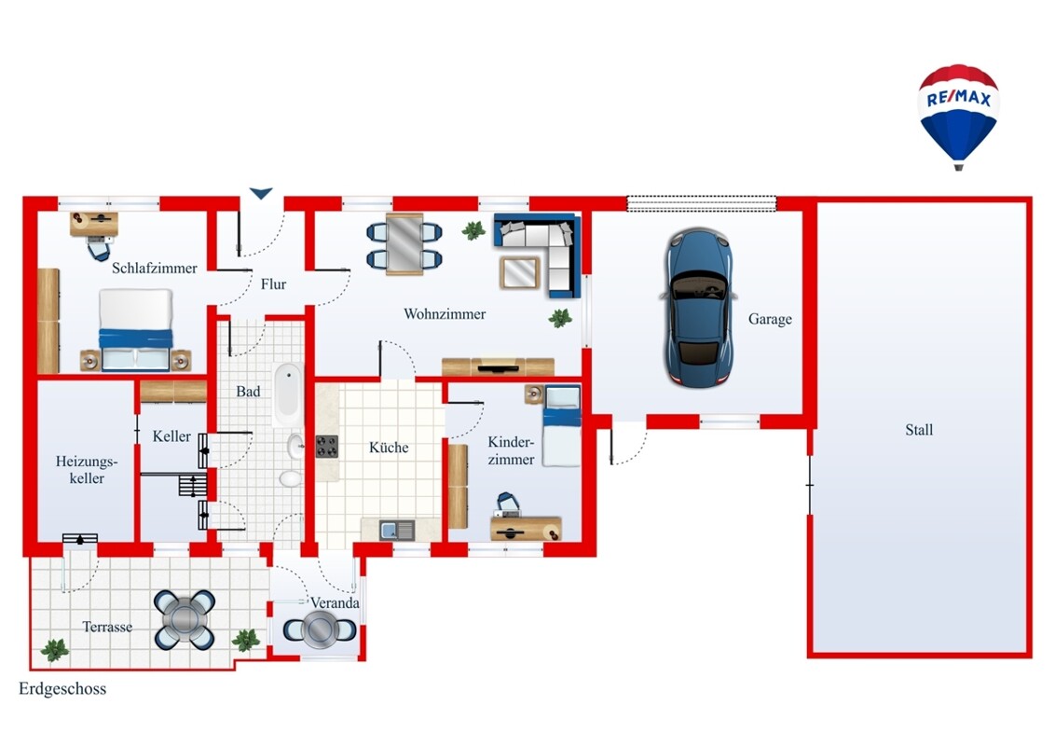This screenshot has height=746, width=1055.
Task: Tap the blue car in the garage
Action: pyautogui.click(x=698, y=308)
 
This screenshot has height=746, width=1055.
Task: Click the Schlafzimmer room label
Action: pyautogui.click(x=154, y=268)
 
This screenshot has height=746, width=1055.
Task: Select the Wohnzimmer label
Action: pyautogui.click(x=444, y=313)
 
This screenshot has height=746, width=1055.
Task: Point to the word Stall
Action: pyautogui.click(x=918, y=430)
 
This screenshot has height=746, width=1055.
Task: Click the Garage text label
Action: pyautogui.click(x=770, y=319)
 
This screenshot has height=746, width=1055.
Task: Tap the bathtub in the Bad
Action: pyautogui.click(x=288, y=394)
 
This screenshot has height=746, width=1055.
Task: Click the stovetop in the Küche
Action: pyautogui.click(x=327, y=447)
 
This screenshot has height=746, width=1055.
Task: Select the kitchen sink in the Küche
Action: pyautogui.click(x=396, y=531)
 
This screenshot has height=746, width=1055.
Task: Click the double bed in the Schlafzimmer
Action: pyautogui.click(x=135, y=330)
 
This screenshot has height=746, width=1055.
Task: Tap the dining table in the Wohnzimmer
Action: pyautogui.click(x=404, y=243)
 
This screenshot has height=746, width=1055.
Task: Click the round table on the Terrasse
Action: pyautogui.click(x=185, y=619)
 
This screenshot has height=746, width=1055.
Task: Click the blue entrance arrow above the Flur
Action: pyautogui.click(x=261, y=193)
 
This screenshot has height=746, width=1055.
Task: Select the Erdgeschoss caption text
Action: pyautogui.click(x=62, y=689)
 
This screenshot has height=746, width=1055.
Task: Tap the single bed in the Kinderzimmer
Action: pyautogui.click(x=561, y=425)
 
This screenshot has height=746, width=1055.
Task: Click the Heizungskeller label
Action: pyautogui.click(x=87, y=469)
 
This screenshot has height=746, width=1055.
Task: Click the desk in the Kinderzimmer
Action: pyautogui.click(x=526, y=529)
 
